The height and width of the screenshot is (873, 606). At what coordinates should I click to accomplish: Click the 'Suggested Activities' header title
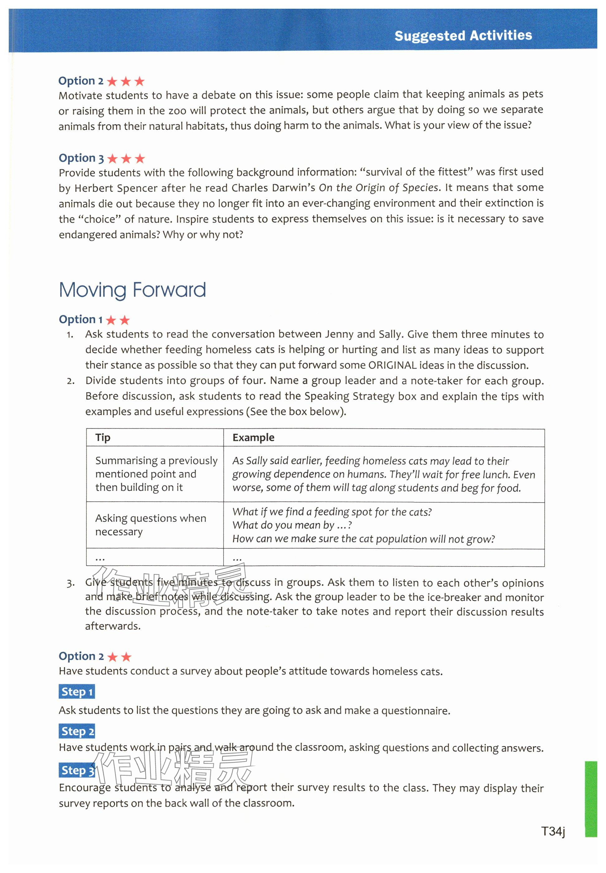(x=463, y=36)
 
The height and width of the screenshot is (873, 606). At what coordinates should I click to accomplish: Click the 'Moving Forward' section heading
(x=132, y=290)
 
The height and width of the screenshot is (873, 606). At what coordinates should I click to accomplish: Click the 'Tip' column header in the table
(x=103, y=437)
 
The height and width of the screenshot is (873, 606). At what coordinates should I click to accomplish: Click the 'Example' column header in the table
(x=253, y=437)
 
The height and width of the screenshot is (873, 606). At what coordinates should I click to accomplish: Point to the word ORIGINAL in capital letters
(x=392, y=365)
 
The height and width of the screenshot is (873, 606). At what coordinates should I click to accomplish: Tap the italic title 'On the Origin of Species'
(x=378, y=188)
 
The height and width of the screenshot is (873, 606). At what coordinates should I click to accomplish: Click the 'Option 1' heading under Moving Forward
(x=94, y=320)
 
